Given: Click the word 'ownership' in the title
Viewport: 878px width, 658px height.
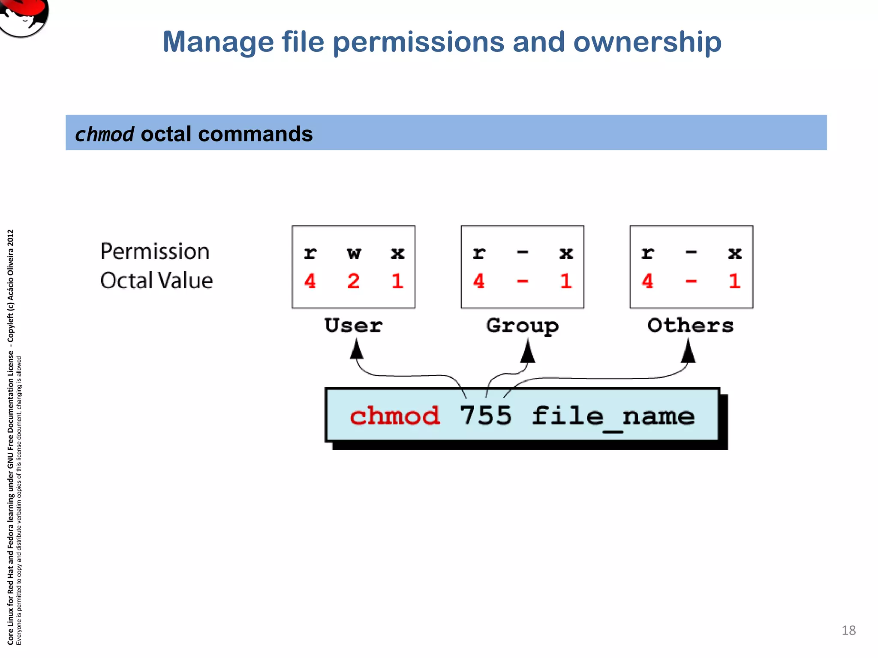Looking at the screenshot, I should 647,43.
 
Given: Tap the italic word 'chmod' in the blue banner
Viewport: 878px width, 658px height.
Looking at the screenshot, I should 105,135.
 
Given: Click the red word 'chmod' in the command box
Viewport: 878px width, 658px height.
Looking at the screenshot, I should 394,416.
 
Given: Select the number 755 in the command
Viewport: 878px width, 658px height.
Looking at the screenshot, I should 485,416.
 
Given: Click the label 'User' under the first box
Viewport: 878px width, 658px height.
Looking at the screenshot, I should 353,326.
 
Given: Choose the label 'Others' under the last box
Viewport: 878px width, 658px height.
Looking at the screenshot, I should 690,326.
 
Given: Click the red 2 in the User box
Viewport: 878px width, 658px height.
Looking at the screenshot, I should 353,281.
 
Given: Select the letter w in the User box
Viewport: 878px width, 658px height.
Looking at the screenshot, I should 354,254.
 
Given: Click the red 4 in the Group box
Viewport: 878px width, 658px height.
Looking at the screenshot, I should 478,281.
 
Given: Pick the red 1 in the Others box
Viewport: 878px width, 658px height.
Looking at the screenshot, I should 734,281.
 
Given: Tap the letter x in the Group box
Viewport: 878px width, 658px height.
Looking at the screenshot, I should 566,254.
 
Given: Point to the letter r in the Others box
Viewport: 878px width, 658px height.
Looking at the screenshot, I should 647,254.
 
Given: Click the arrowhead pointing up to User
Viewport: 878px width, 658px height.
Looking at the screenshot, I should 356,349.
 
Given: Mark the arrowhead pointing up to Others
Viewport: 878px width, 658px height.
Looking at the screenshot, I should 688,351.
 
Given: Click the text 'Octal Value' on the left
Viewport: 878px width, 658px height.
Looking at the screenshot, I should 156,281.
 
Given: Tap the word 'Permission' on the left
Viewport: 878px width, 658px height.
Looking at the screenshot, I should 155,251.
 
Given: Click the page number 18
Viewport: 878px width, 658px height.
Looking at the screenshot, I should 848,630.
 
